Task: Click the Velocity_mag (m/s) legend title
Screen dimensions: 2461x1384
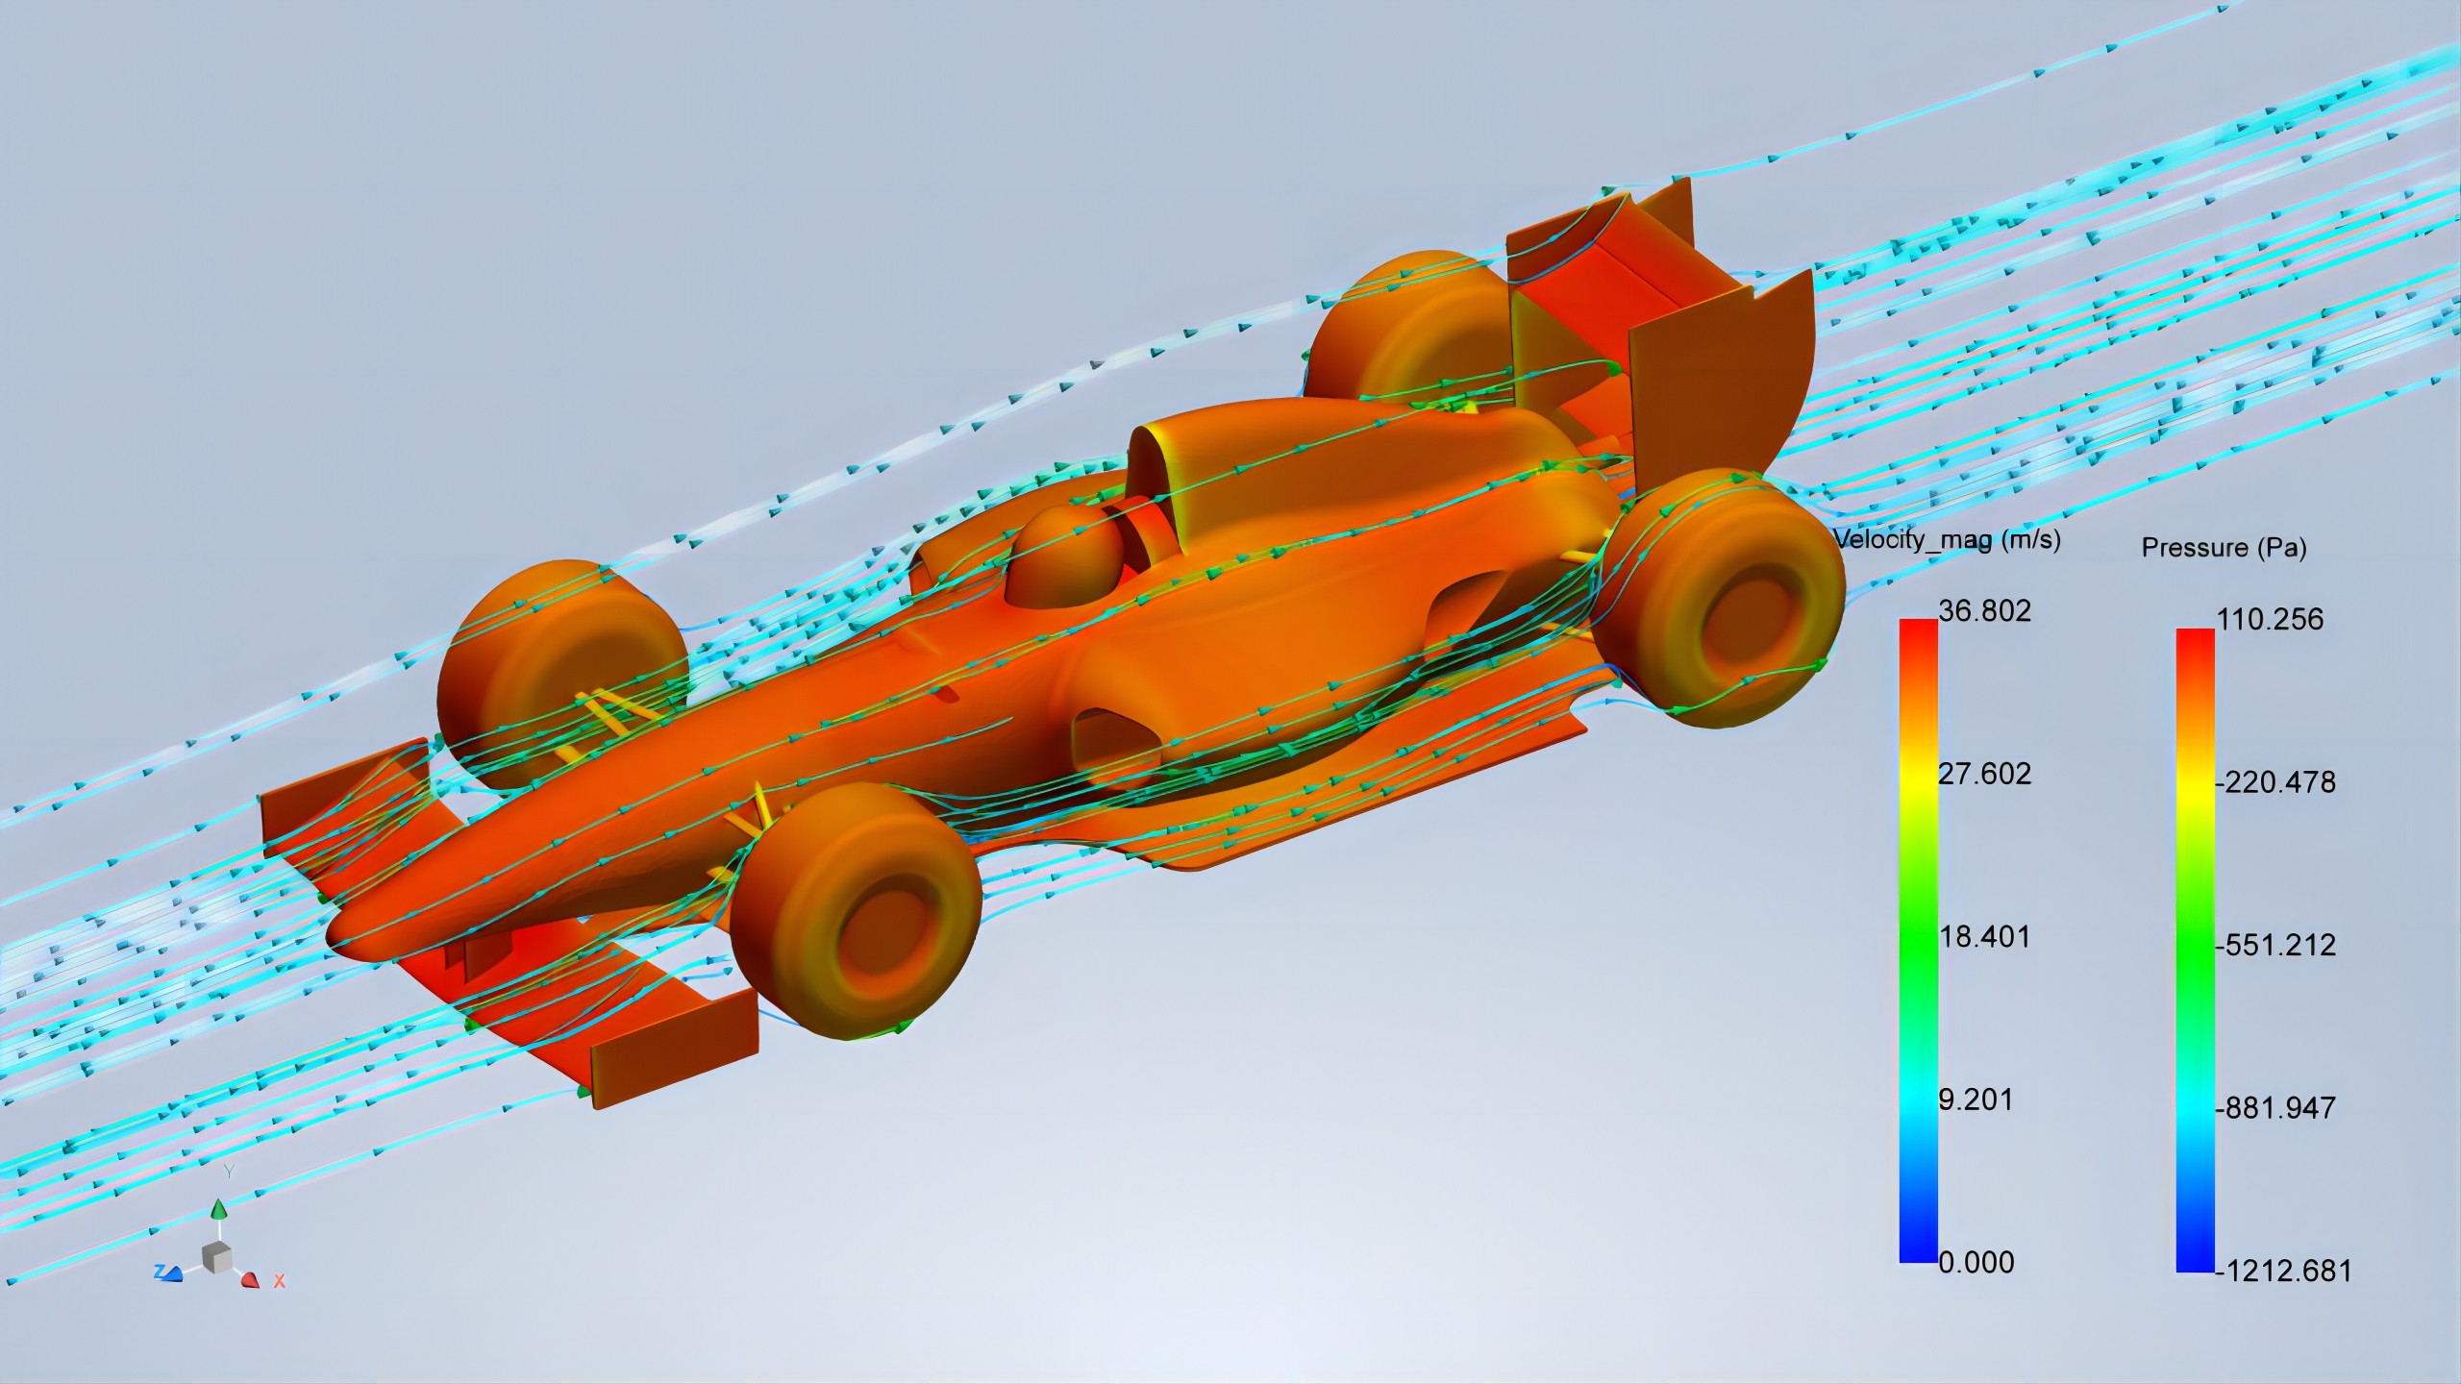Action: click(x=1947, y=539)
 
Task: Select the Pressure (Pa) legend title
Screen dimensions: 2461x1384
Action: click(x=2224, y=548)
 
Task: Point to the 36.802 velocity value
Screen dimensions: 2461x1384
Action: click(x=1985, y=610)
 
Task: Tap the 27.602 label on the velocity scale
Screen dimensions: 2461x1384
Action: click(x=1985, y=774)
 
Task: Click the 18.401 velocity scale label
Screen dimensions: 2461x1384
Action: click(x=1985, y=937)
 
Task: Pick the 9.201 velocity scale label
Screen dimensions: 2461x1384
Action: click(x=1976, y=1100)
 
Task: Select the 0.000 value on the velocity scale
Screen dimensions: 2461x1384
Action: click(x=1976, y=1262)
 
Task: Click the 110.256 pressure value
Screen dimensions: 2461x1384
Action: click(x=2270, y=619)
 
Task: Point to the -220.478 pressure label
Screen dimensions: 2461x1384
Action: click(x=2275, y=782)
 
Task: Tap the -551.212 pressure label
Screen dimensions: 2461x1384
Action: click(x=2275, y=945)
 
